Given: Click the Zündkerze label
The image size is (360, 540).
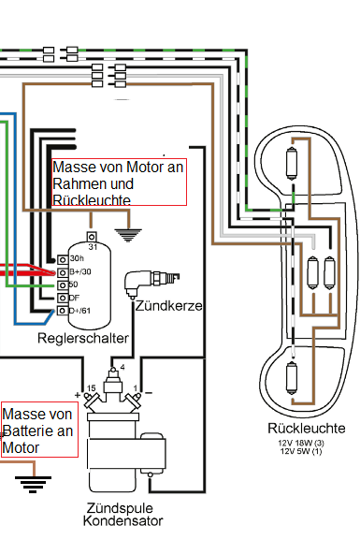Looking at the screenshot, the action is pyautogui.click(x=168, y=306).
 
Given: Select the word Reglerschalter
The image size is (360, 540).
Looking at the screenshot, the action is pyautogui.click(x=83, y=338).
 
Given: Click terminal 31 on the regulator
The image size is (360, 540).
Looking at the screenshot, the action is pyautogui.click(x=92, y=237).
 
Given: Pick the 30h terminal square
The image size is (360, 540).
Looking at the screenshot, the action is pyautogui.click(x=63, y=259).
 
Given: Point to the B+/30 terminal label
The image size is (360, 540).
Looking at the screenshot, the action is pyautogui.click(x=80, y=271).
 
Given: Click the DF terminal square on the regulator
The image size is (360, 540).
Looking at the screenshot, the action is pyautogui.click(x=63, y=298).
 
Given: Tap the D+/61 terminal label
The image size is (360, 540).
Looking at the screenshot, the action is pyautogui.click(x=79, y=311).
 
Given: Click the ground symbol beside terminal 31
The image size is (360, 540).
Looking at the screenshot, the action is pyautogui.click(x=128, y=235).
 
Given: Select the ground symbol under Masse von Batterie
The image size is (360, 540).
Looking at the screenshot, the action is pyautogui.click(x=33, y=485).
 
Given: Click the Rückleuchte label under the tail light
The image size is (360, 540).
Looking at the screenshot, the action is pyautogui.click(x=307, y=429).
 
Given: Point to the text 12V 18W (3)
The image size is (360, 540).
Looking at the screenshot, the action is pyautogui.click(x=301, y=444).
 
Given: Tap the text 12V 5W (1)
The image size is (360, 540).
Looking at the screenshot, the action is pyautogui.click(x=301, y=451).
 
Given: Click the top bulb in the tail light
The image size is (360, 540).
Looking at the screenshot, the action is pyautogui.click(x=292, y=164).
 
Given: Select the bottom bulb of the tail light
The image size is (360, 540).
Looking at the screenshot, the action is pyautogui.click(x=292, y=378).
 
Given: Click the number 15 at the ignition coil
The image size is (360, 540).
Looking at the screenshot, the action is pyautogui.click(x=91, y=388).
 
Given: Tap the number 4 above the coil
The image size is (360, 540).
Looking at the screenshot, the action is pyautogui.click(x=122, y=368).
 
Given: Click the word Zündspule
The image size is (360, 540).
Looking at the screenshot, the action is pyautogui.click(x=120, y=508).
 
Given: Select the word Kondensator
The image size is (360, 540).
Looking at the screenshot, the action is pyautogui.click(x=122, y=520).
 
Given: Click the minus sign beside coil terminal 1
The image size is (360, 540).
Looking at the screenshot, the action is pyautogui.click(x=149, y=393).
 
